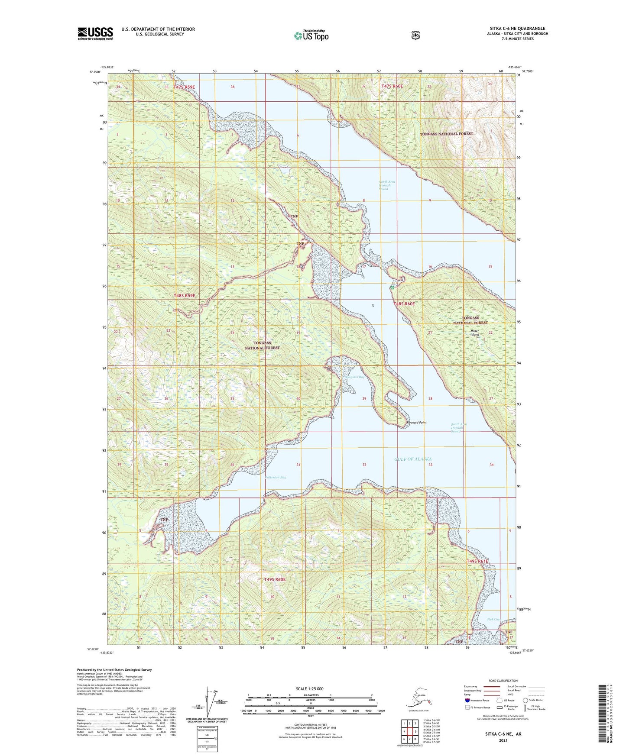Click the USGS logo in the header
click(95, 33)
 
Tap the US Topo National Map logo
click(311, 35)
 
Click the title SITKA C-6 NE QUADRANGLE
click(517, 29)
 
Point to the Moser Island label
click(475, 333)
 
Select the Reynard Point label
click(416, 423)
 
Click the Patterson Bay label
click(276, 477)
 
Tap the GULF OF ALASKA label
click(412, 459)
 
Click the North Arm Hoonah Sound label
click(386, 185)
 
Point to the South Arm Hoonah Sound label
click(458, 428)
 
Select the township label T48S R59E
click(184, 296)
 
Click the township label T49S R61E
click(477, 562)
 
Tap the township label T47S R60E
click(392, 87)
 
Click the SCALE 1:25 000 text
click(310, 688)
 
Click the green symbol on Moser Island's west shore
click(392, 287)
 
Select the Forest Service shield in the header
click(415, 35)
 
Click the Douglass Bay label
click(354, 377)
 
